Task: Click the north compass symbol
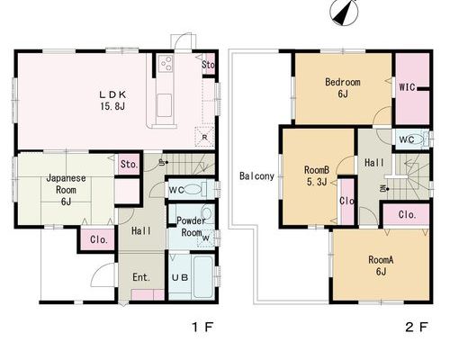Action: (344, 12)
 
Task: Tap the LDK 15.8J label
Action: (112, 100)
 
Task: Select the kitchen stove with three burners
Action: (166, 64)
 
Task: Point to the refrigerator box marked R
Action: (204, 137)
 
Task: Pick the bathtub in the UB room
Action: (203, 277)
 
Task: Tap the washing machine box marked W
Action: (206, 238)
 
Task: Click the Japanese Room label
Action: (66, 190)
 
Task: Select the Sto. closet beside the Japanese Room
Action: (129, 164)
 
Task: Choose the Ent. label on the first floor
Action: (141, 277)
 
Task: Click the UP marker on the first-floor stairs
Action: (163, 163)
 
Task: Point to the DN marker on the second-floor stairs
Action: (384, 189)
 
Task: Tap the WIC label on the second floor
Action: (407, 87)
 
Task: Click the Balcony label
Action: (256, 176)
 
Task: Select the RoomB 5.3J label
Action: (317, 175)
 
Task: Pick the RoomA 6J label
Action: (381, 265)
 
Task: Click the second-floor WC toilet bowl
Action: (419, 139)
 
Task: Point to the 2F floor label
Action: (416, 327)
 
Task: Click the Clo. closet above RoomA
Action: (407, 214)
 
